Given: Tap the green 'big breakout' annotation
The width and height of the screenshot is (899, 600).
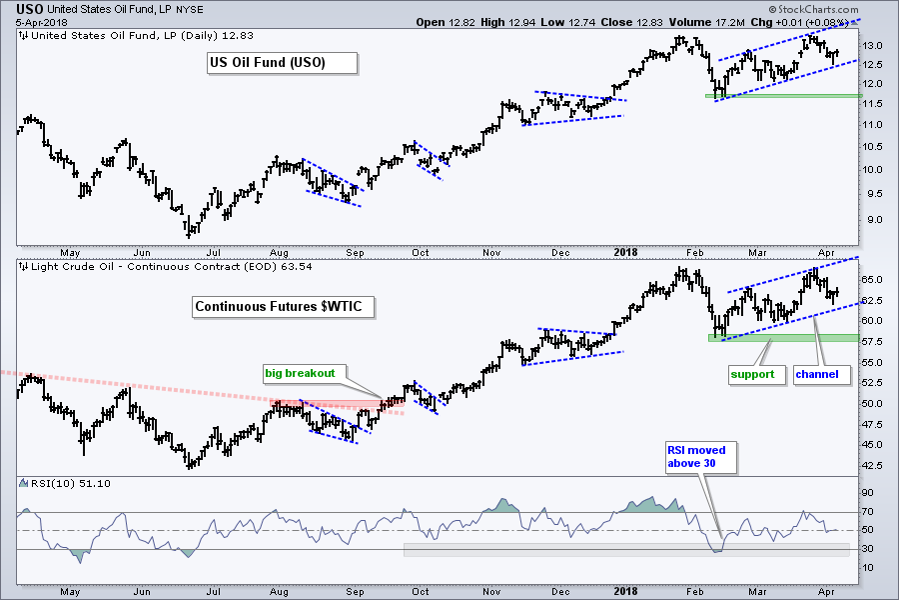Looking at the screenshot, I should tap(300, 374).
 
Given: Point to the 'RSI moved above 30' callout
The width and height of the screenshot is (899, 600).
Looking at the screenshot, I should tap(701, 457).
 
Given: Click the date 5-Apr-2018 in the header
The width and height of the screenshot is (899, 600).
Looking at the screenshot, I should tap(31, 22).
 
